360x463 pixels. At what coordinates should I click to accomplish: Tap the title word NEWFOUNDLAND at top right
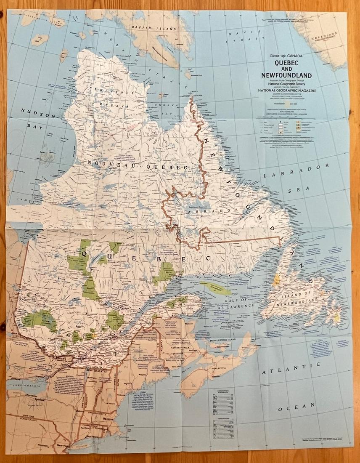pos(286,76)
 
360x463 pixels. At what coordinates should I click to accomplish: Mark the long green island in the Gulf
pos(214,288)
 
